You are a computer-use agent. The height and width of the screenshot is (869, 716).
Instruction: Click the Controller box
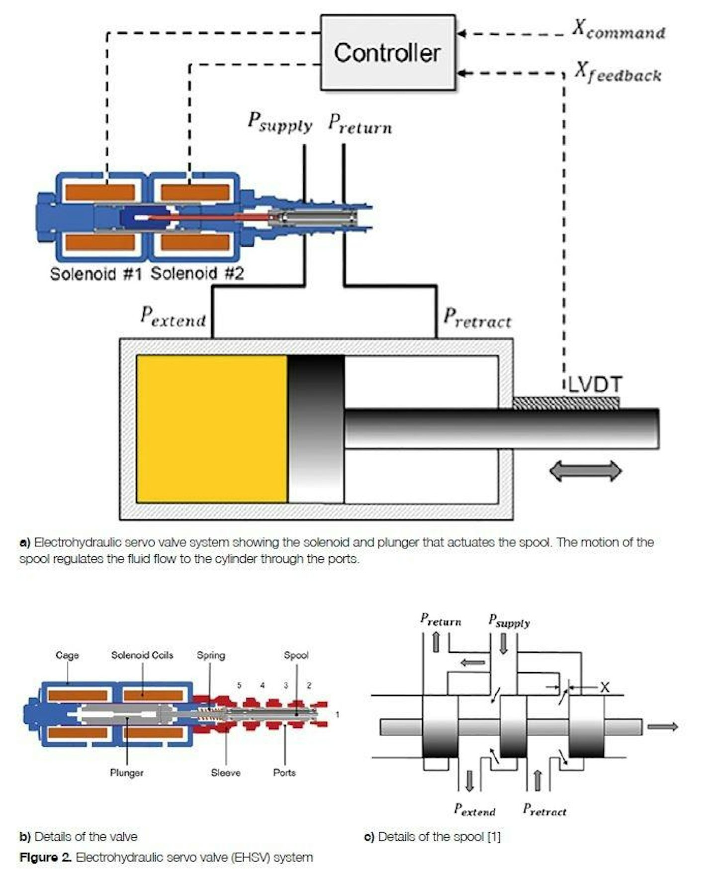(387, 53)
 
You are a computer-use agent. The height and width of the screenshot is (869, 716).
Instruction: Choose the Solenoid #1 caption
(96, 273)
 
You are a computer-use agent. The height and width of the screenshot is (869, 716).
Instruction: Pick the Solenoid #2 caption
(197, 273)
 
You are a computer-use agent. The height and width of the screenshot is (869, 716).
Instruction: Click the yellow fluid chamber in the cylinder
(211, 429)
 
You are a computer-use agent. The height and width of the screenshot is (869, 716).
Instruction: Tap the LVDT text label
(595, 385)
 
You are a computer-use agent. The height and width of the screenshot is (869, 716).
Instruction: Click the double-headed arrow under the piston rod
(585, 471)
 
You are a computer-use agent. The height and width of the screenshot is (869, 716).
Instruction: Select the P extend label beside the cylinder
(173, 317)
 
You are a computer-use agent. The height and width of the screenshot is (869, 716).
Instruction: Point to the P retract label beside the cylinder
(476, 318)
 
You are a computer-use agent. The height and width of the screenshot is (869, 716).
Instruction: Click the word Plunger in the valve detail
(126, 773)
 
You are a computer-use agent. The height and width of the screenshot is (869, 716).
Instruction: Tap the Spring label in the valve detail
(211, 655)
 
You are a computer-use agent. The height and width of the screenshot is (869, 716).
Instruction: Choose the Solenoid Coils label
(142, 655)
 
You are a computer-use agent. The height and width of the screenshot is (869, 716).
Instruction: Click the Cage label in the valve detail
(67, 655)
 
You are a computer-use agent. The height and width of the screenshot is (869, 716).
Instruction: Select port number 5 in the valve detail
(239, 686)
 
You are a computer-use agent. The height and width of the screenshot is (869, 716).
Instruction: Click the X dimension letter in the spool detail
(604, 688)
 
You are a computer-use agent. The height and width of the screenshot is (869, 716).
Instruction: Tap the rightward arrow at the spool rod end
(662, 727)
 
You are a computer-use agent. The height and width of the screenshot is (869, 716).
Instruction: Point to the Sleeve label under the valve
(225, 773)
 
